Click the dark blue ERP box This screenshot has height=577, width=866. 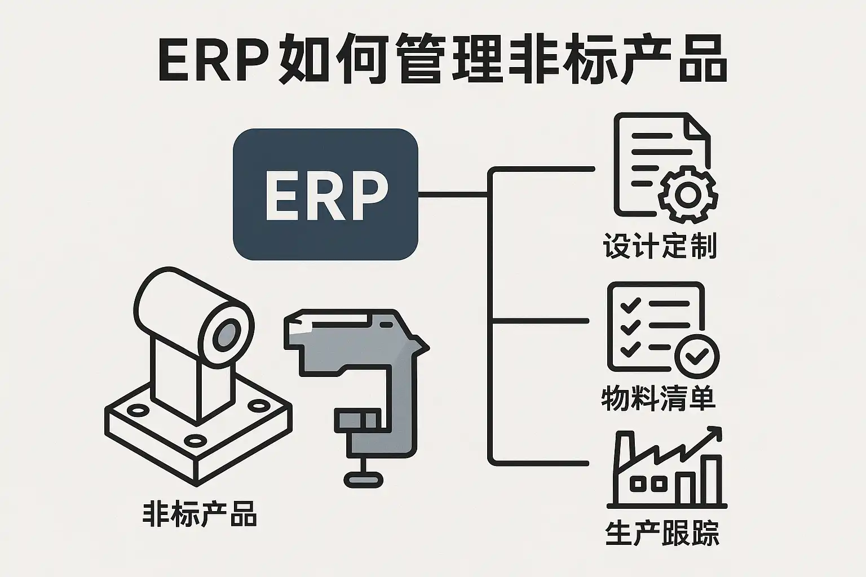coord(325,194)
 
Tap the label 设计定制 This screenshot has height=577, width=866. coord(660,246)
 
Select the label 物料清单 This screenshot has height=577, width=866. coord(658,398)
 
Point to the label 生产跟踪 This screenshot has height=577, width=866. coord(662,533)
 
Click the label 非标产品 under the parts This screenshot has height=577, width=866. coord(200,514)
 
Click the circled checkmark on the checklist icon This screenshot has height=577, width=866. coord(697,356)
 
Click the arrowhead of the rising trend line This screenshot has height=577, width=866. coord(715,433)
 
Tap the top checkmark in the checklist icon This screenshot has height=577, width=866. coord(630,305)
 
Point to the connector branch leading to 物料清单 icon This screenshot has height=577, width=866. coord(541,321)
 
